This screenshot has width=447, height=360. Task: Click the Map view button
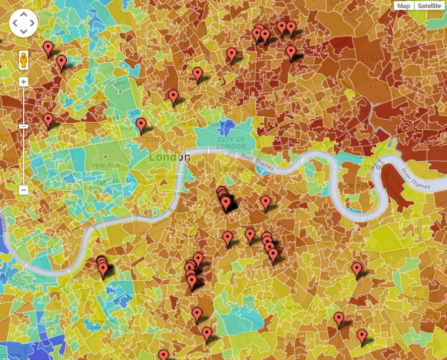point(404,6)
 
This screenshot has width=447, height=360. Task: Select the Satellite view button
point(430,6)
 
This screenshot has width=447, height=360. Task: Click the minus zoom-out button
point(24,190)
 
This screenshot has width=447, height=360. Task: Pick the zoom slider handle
point(24,126)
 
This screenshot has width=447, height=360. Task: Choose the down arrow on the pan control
point(24,31)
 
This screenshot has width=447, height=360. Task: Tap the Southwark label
point(237,169)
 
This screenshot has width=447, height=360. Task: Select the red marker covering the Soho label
point(141,125)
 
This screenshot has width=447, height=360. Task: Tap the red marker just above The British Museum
point(173,97)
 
